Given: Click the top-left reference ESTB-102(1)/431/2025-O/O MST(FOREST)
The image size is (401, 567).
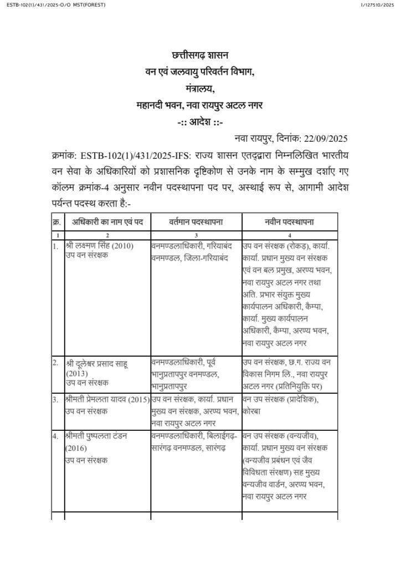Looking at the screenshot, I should (53, 5).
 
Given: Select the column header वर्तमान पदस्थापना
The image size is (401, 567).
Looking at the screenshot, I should (196, 222).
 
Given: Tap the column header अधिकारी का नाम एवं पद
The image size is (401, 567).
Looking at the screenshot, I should (107, 222).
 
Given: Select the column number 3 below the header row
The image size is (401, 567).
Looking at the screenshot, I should (196, 235).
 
